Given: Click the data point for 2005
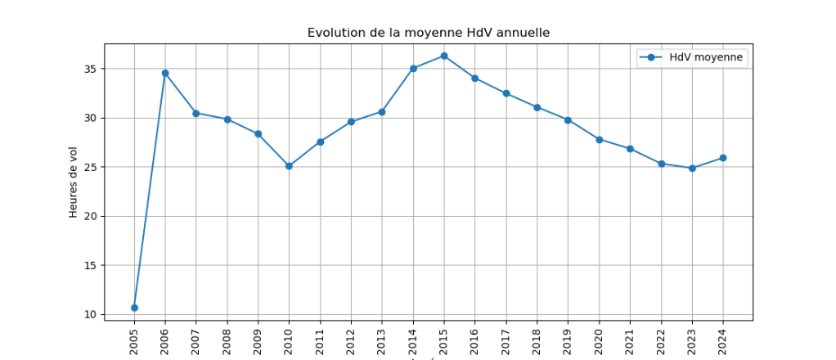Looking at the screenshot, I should point(134,308).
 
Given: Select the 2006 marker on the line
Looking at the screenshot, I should point(165,73).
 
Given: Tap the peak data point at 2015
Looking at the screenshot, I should point(444,56).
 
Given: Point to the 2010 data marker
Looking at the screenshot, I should point(289,166).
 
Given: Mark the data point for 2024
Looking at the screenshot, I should point(723,158).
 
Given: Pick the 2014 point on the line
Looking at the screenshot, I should point(413,69).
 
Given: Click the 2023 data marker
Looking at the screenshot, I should point(692,169).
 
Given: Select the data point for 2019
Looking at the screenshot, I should point(568,120).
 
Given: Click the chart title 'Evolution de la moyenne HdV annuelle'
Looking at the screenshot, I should point(429,33).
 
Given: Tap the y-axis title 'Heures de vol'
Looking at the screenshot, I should point(74,182).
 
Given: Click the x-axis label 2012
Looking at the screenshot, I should point(351,339).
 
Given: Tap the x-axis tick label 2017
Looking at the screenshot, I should point(506,339).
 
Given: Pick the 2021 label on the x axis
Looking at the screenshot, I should point(630,339).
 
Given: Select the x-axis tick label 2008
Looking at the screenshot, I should point(227,339).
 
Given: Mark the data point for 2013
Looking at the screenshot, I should point(382,112).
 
